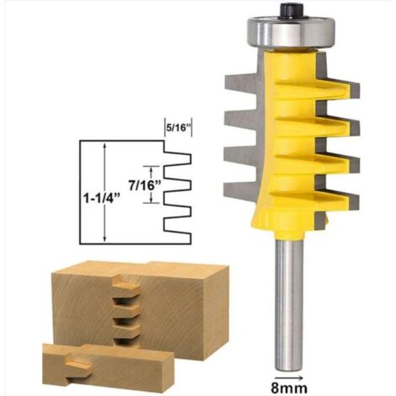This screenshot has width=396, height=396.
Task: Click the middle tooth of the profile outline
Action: pyautogui.click(x=179, y=183)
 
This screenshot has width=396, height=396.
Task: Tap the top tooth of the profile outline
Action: pyautogui.click(x=179, y=157)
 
